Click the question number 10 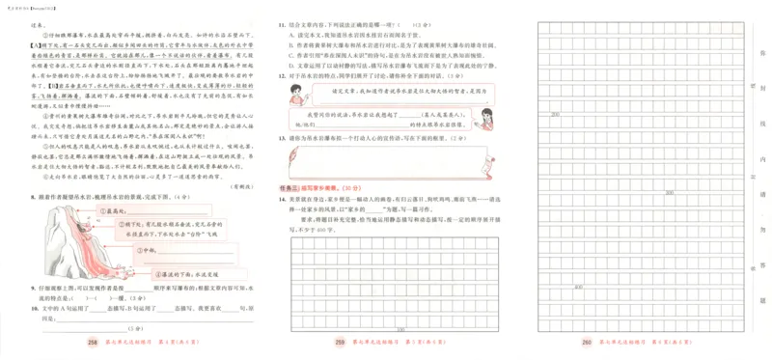[x=34, y=300]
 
